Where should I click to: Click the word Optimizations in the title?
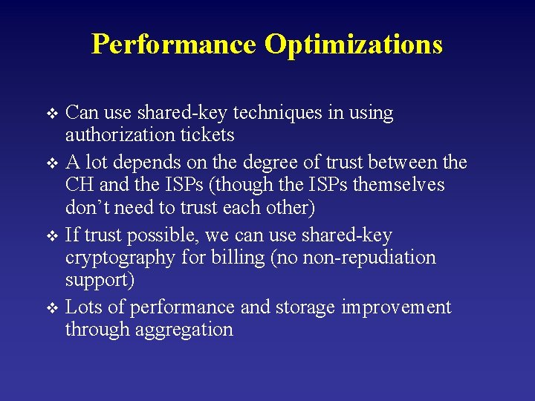[354, 45]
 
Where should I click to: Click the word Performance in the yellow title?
[174, 45]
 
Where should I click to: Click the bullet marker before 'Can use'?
[52, 114]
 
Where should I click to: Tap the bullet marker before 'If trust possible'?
[52, 237]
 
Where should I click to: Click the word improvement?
[396, 307]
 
